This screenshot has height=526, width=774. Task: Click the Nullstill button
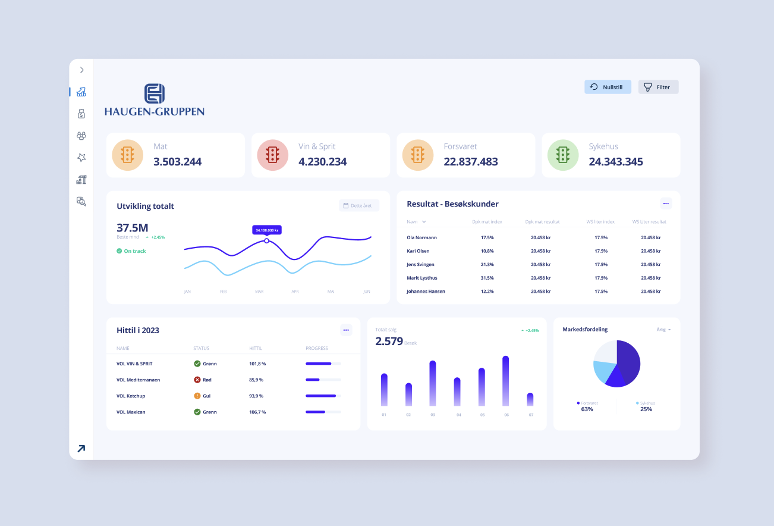click(x=607, y=87)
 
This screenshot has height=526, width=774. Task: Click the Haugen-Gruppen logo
click(x=155, y=100)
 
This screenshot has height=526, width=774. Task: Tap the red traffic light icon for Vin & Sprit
click(x=273, y=155)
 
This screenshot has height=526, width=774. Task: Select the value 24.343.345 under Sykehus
click(x=615, y=162)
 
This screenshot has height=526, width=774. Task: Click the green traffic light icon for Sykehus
click(x=563, y=155)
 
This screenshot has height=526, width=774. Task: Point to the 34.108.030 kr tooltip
click(x=267, y=230)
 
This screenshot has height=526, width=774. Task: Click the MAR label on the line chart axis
click(x=259, y=292)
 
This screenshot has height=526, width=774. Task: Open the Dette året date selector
click(x=358, y=206)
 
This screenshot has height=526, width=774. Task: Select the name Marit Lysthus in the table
click(x=421, y=278)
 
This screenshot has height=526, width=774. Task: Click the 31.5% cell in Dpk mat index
click(x=487, y=278)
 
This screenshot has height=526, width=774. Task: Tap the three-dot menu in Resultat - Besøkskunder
click(x=666, y=203)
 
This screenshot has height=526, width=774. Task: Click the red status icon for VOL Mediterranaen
click(x=197, y=380)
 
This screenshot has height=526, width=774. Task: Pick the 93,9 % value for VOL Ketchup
click(x=257, y=396)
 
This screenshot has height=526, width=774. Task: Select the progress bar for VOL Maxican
click(x=323, y=412)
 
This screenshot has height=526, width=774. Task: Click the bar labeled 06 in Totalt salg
click(x=505, y=381)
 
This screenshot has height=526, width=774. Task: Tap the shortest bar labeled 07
click(x=530, y=399)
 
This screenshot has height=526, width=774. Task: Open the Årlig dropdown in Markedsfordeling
click(x=663, y=330)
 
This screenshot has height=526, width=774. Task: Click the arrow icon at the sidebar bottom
click(x=81, y=449)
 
